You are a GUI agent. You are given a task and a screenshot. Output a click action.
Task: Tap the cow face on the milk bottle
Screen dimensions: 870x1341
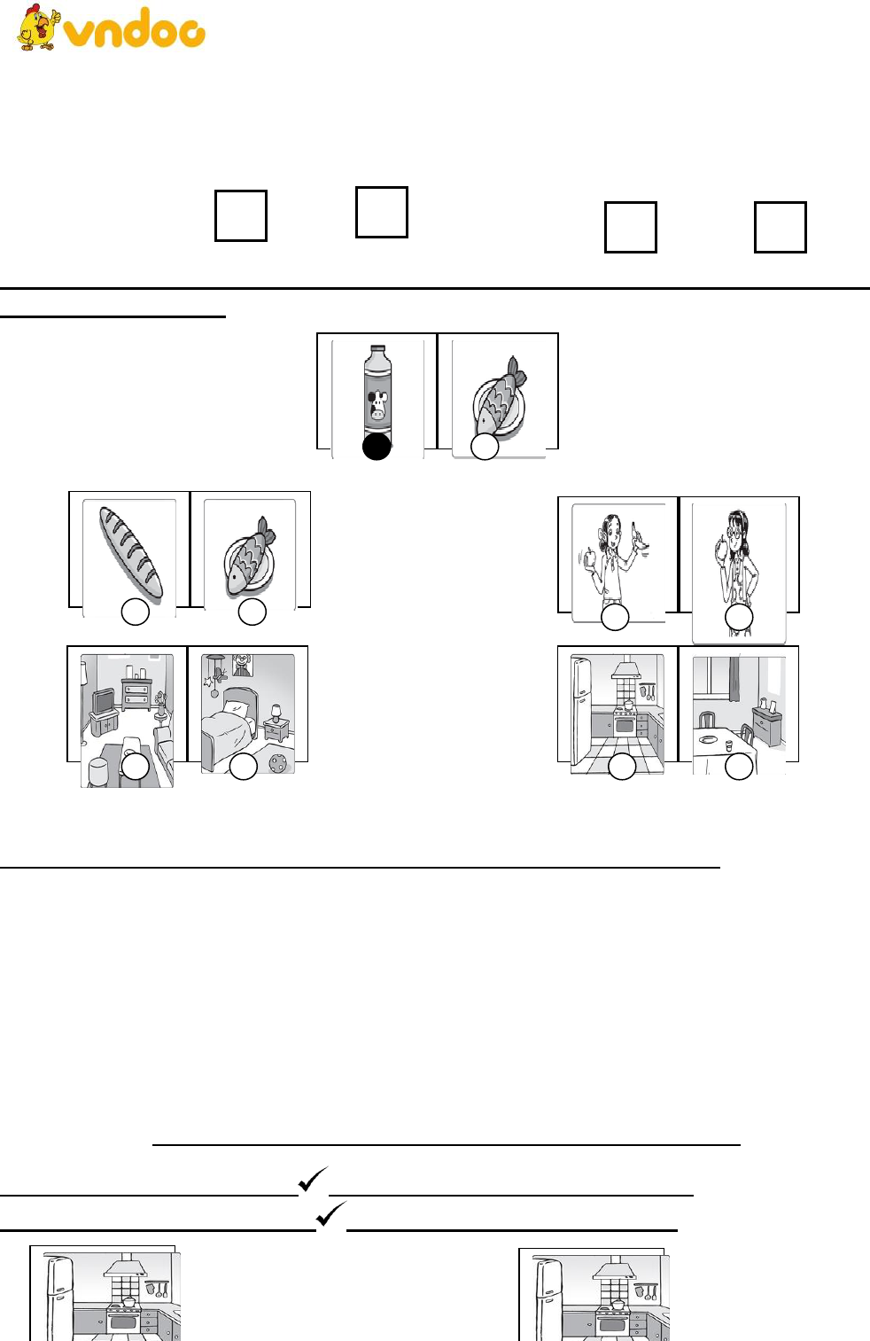coord(377,406)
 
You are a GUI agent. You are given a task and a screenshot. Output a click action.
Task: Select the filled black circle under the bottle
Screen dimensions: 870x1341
coord(377,446)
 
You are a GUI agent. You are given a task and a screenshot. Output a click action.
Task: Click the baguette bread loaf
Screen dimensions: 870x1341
coord(130,552)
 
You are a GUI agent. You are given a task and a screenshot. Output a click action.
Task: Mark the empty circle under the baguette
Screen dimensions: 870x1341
coord(136,612)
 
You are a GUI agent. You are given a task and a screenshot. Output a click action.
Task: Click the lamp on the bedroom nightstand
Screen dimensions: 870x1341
coord(276,713)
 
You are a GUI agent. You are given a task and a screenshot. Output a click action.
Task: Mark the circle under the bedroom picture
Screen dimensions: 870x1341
coord(244,767)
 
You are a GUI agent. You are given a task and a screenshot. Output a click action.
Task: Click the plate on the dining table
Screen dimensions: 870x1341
coord(709,739)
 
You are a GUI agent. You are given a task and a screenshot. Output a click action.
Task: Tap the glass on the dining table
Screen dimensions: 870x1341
coord(729,745)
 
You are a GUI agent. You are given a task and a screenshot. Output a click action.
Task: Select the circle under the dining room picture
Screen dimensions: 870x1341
coord(739,767)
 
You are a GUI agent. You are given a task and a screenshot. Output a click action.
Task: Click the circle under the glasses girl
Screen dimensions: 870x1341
coord(739,617)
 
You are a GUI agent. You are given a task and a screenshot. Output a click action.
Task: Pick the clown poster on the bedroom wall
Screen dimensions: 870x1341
coord(242,665)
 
